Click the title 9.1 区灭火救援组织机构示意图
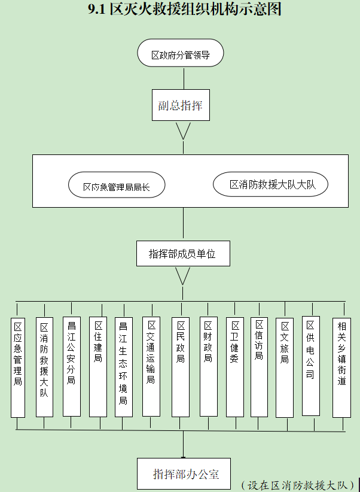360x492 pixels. point(184,10)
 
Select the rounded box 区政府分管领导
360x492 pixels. point(180,54)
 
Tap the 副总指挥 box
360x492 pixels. point(180,106)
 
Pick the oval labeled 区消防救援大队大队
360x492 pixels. point(270,184)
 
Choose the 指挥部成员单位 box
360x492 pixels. point(182,254)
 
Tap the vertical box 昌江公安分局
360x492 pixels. point(71,366)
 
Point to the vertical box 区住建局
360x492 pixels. point(98,366)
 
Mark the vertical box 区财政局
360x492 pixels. point(208,366)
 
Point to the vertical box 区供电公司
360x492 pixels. point(310,366)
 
